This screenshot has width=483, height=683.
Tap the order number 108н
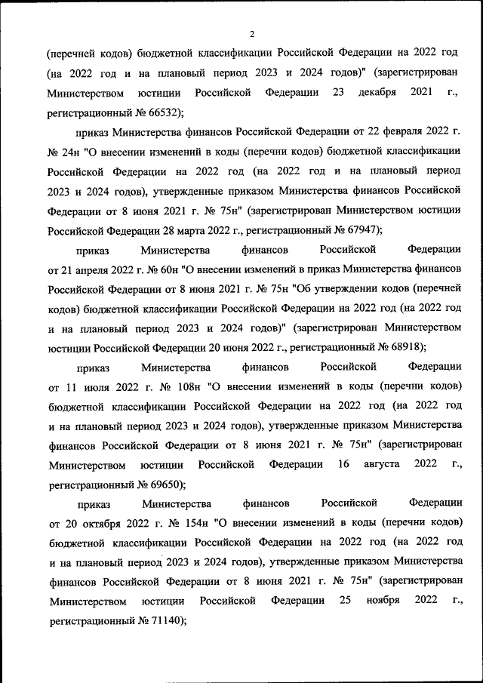tap(180, 386)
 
